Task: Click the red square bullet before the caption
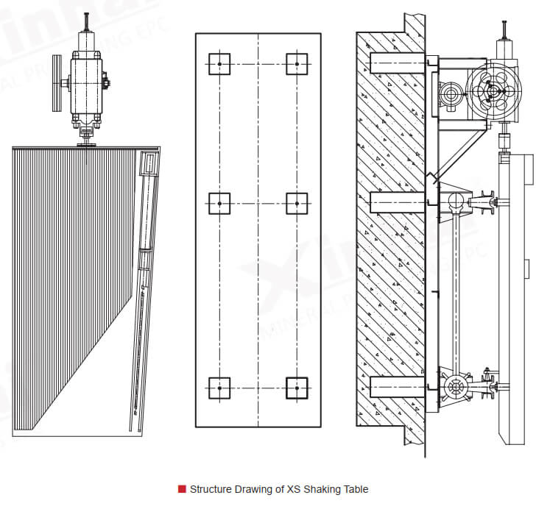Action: (182, 489)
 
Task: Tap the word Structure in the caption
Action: (210, 489)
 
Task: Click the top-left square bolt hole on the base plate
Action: (219, 64)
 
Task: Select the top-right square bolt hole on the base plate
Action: (297, 64)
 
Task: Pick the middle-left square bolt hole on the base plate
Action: (219, 203)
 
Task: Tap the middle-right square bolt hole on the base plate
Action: (297, 203)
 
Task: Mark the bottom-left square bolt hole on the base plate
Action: (219, 388)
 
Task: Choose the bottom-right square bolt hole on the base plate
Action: (297, 388)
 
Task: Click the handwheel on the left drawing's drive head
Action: (57, 82)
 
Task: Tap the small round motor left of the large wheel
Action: (451, 93)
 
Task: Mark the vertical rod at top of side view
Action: (505, 30)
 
